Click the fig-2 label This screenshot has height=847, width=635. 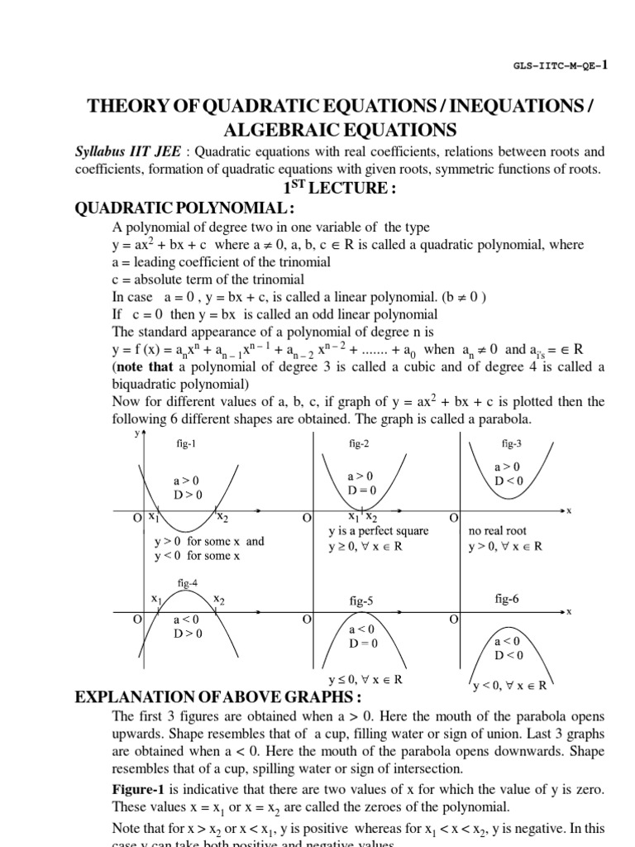359,444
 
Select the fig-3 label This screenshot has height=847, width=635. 512,443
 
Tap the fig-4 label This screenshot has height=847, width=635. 188,583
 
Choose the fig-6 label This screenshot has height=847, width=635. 507,598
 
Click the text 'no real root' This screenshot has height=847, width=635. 497,530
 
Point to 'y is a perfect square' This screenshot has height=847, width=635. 379,531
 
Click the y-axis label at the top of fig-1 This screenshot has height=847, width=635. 136,433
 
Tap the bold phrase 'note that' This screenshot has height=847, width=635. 144,366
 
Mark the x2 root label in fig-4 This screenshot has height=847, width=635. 218,598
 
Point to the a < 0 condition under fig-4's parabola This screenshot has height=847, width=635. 186,619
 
